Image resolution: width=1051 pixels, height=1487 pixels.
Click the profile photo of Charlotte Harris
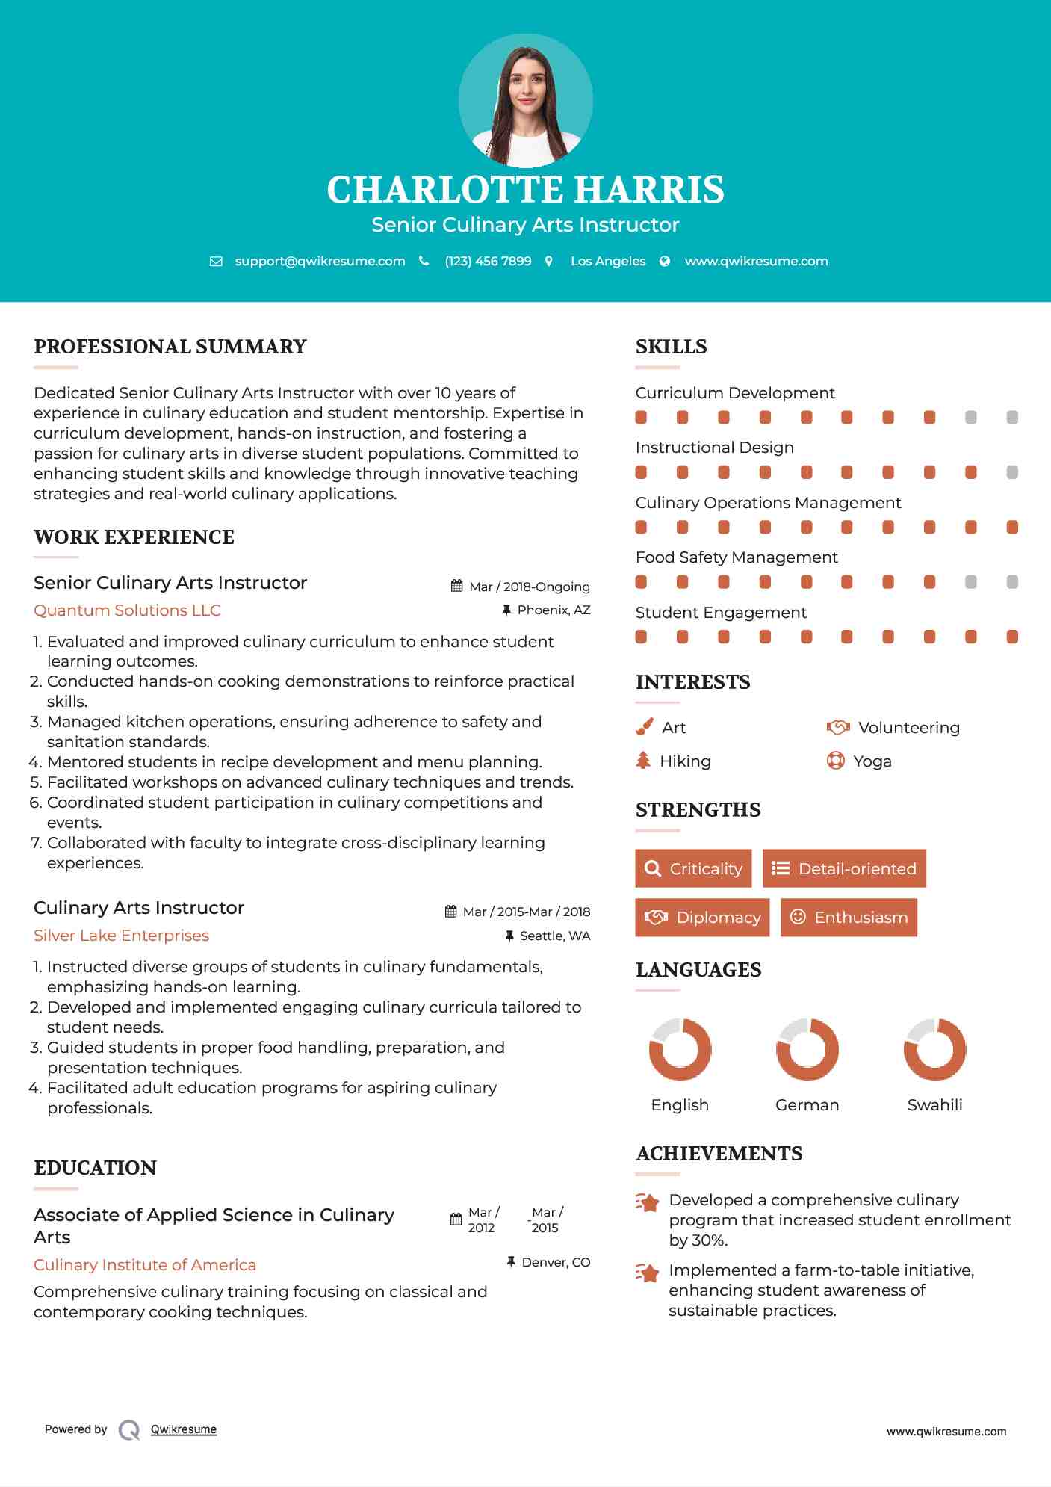click(525, 100)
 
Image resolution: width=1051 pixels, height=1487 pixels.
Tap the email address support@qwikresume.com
click(320, 261)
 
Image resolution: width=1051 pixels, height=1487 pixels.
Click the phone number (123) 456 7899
click(488, 261)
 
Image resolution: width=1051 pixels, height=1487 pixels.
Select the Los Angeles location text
click(607, 261)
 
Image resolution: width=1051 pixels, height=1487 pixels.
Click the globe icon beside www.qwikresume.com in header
click(665, 261)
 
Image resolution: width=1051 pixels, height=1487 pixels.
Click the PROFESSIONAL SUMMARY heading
click(170, 347)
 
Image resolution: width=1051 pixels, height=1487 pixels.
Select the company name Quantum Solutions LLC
click(127, 610)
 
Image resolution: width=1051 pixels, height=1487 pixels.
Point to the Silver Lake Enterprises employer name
click(121, 936)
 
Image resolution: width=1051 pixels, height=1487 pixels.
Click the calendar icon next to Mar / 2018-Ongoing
click(457, 586)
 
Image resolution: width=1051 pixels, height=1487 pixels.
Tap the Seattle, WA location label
click(554, 936)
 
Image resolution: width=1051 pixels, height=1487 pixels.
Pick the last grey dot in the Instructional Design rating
click(1012, 472)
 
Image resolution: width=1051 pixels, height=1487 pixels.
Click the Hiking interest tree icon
click(643, 761)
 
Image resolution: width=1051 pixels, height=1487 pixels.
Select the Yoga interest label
click(872, 761)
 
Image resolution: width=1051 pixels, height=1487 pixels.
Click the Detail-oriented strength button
click(844, 868)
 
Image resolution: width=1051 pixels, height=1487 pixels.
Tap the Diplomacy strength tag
click(702, 918)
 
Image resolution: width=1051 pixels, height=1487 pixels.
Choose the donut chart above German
click(807, 1049)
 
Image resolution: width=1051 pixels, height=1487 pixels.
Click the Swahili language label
click(934, 1105)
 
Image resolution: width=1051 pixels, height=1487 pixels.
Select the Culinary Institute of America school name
click(145, 1265)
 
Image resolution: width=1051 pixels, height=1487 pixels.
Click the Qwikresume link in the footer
click(184, 1429)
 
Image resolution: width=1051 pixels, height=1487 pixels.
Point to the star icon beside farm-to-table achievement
click(648, 1272)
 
